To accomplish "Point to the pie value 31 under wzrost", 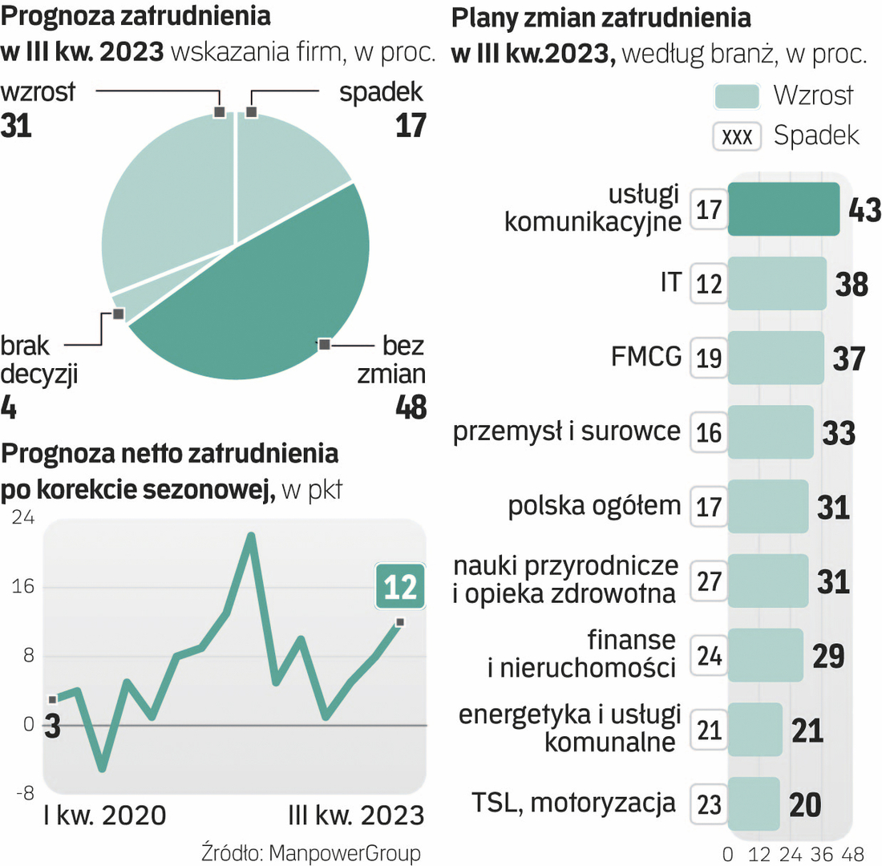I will point(17,126).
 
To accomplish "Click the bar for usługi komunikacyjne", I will point(783,208).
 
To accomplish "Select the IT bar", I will point(776,283).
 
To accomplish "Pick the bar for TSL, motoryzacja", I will point(753,803).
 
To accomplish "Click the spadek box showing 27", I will point(709,581).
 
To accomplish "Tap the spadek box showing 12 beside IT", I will point(709,284).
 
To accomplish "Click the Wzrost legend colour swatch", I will point(736,96).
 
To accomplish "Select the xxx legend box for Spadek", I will point(736,136).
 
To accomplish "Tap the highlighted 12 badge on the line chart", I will point(399,588).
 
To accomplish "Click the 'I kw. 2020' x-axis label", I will point(104,815).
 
